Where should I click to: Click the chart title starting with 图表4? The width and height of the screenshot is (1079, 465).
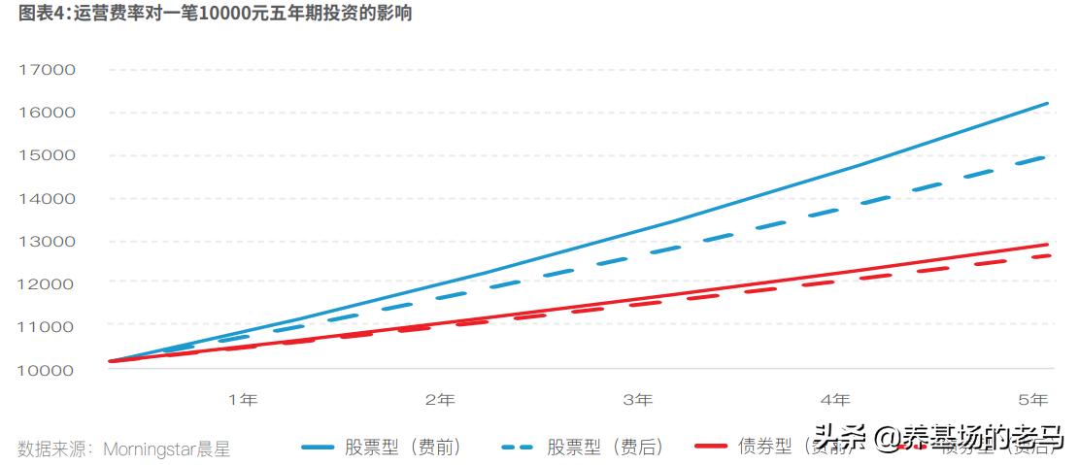coord(206,14)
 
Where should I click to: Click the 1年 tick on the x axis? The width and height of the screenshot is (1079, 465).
coord(243,400)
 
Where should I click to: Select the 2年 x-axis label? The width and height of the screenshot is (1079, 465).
coord(440,400)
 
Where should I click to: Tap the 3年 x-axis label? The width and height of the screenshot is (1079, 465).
coord(637,400)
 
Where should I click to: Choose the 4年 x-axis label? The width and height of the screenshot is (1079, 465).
coord(834,400)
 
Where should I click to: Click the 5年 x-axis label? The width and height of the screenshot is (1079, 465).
coord(1032,400)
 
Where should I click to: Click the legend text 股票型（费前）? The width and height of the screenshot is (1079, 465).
coord(402,448)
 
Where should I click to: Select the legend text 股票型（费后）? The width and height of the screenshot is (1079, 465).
coord(604,448)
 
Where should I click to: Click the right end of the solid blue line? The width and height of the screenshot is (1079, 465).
coord(1047,103)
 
